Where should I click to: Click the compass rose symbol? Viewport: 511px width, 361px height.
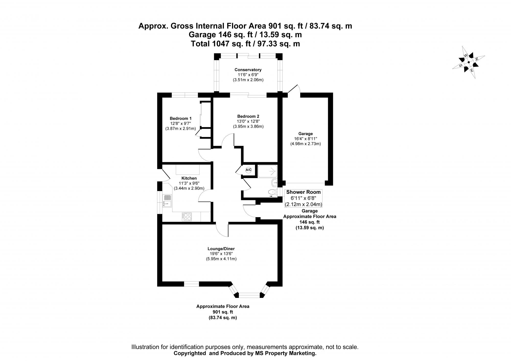click(469, 62)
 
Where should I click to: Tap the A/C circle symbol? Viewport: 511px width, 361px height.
click(248, 170)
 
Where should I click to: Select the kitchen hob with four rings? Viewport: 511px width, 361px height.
click(187, 217)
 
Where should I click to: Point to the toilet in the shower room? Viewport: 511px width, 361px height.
click(272, 192)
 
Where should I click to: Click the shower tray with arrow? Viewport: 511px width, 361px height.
click(267, 171)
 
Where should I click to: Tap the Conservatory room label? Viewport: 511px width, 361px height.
click(248, 70)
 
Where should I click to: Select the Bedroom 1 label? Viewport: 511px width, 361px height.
click(181, 118)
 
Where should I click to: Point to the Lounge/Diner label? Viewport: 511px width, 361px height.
click(221, 249)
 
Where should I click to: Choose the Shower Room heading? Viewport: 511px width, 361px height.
click(303, 192)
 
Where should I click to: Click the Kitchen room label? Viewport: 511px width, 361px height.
click(189, 178)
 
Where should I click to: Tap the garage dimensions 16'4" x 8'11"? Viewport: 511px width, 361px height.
click(305, 139)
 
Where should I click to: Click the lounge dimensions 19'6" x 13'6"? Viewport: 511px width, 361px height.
click(221, 254)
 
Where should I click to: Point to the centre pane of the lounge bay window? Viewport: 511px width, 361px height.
click(249, 295)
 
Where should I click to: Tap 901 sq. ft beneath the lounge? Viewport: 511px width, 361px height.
click(223, 312)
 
